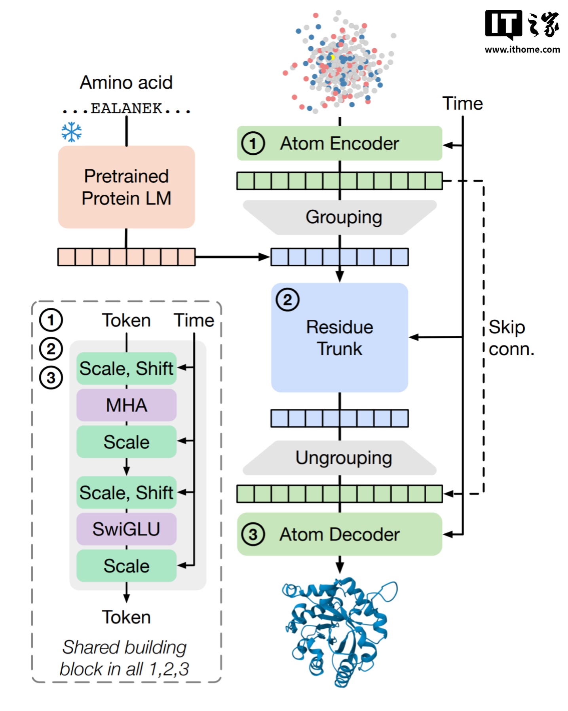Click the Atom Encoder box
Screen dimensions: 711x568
[x=339, y=143]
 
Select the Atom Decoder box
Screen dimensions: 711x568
[x=339, y=534]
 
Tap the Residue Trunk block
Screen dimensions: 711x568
[x=339, y=338]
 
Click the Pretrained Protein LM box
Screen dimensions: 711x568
[x=126, y=187]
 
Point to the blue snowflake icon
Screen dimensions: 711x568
[x=72, y=132]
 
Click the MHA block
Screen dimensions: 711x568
[x=126, y=405]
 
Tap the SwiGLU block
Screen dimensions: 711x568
[x=126, y=529]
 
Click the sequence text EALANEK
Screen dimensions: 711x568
[x=126, y=108]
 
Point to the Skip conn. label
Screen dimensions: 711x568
[x=511, y=338]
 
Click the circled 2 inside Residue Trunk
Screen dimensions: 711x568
[x=287, y=300]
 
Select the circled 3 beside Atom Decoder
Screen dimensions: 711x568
[x=253, y=535]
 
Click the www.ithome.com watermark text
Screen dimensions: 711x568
[x=522, y=49]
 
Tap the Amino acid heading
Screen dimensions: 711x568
[x=126, y=83]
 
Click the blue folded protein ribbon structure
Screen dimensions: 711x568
[x=340, y=629]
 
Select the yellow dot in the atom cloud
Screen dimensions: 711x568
[x=332, y=58]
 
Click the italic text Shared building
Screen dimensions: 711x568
[x=124, y=647]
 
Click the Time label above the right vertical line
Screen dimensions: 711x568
[x=462, y=104]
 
